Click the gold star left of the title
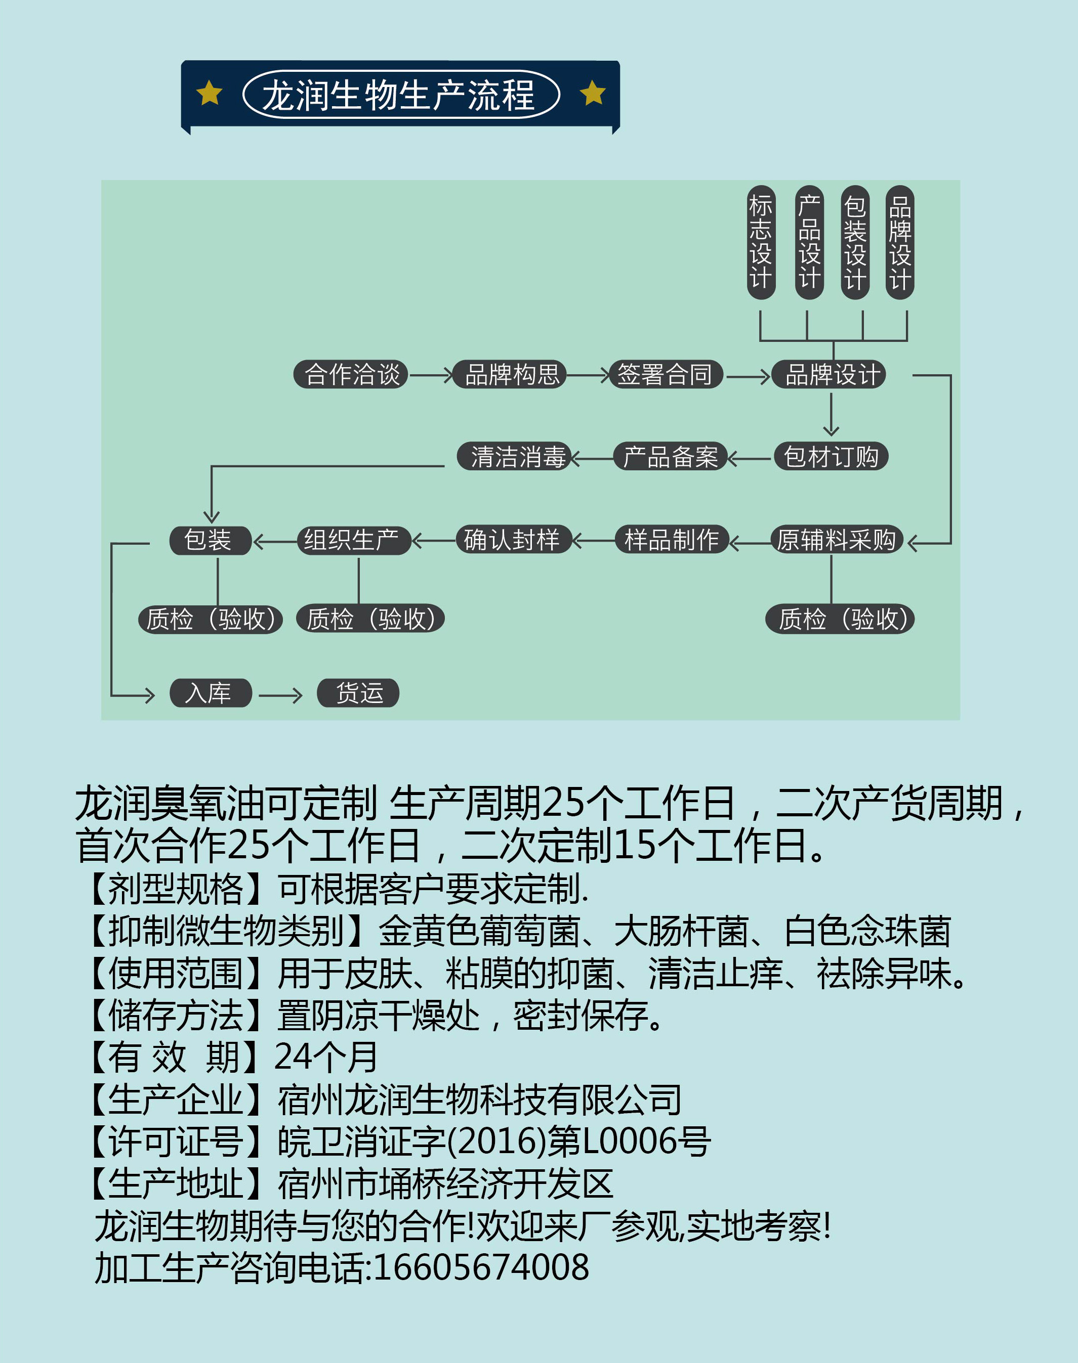click(209, 94)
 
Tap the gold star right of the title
click(593, 94)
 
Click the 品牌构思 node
click(510, 375)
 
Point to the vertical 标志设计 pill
click(761, 242)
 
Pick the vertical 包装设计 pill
click(855, 242)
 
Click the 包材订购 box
click(831, 457)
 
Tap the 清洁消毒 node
click(514, 457)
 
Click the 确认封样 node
click(514, 540)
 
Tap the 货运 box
click(358, 693)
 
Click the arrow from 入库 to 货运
click(280, 696)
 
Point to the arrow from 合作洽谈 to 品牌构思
click(431, 375)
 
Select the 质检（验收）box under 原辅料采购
click(840, 619)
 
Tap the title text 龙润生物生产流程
click(398, 95)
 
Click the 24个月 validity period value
click(325, 1057)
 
